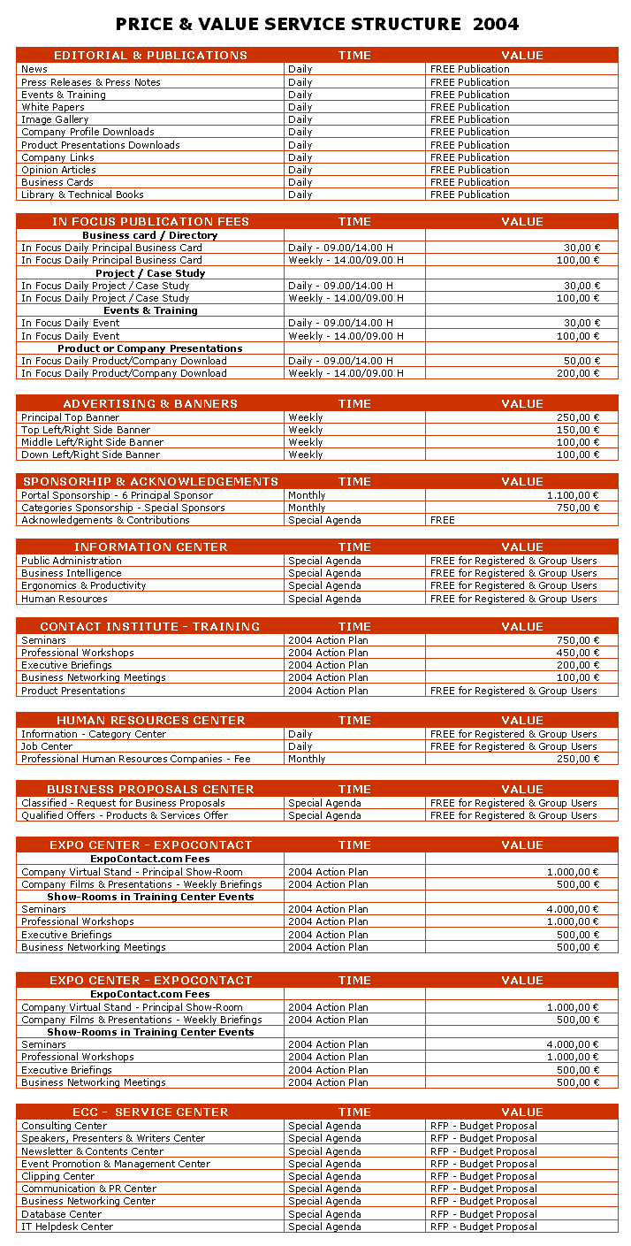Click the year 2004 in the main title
pyautogui.click(x=496, y=24)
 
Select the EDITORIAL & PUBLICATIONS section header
pyautogui.click(x=150, y=55)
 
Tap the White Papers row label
pyautogui.click(x=53, y=107)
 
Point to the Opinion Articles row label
pyautogui.click(x=58, y=170)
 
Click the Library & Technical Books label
pyautogui.click(x=82, y=195)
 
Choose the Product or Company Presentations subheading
pyautogui.click(x=150, y=348)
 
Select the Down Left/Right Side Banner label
pyautogui.click(x=91, y=455)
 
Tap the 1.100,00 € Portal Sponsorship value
pyautogui.click(x=573, y=495)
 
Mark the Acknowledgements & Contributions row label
pyautogui.click(x=105, y=520)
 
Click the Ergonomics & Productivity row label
pyautogui.click(x=84, y=585)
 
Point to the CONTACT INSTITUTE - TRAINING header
pyautogui.click(x=150, y=626)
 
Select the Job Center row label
pyautogui.click(x=47, y=746)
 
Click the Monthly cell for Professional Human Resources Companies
pyautogui.click(x=307, y=759)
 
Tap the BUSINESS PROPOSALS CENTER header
pyautogui.click(x=150, y=789)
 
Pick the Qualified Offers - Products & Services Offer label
pyautogui.click(x=125, y=815)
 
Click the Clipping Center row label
pyautogui.click(x=57, y=1176)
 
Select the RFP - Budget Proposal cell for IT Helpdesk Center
pyautogui.click(x=483, y=1227)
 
